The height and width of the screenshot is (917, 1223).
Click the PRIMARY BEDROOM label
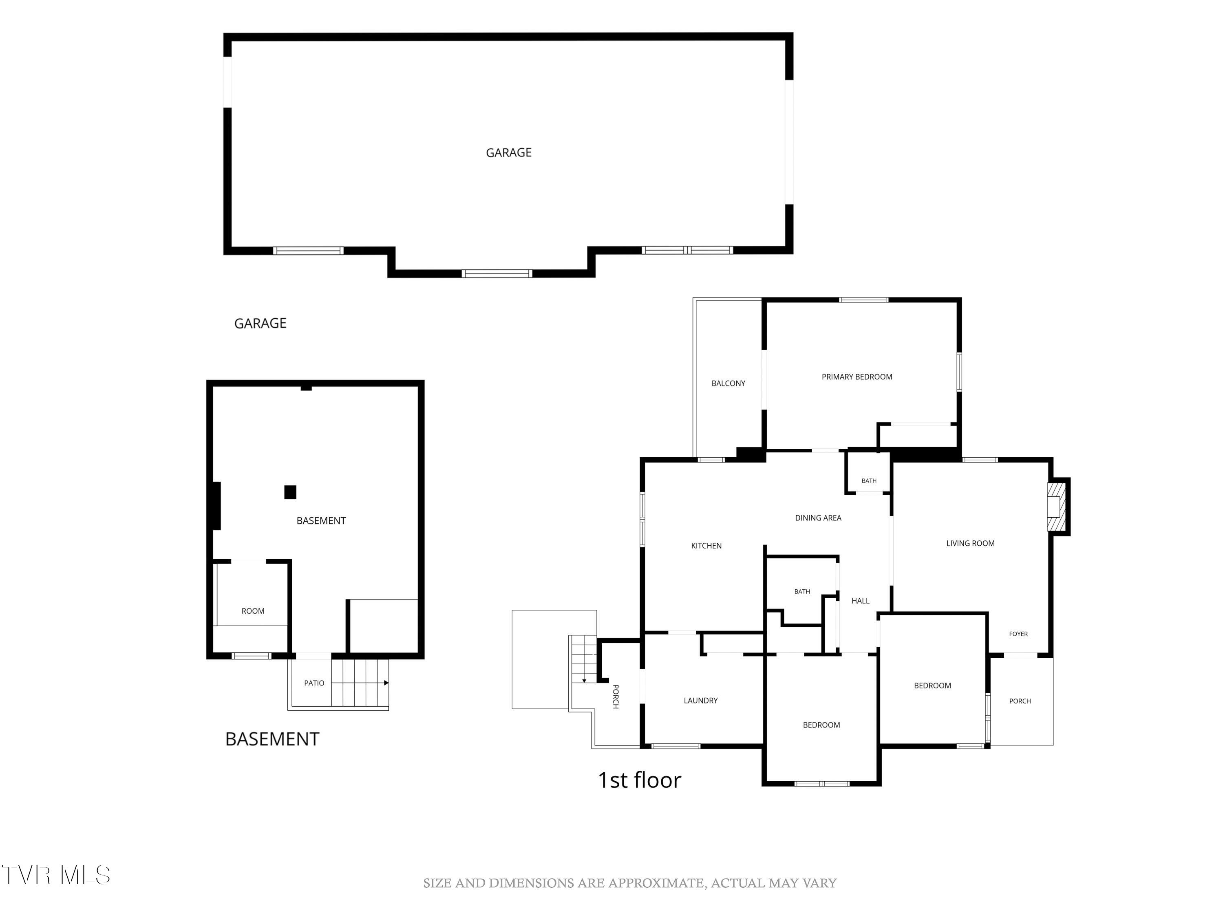(x=857, y=377)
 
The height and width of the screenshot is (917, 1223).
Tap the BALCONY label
(x=728, y=383)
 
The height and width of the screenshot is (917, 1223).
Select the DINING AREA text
(x=818, y=518)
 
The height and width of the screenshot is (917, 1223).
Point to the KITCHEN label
(x=706, y=546)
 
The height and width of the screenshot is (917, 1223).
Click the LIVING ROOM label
(x=970, y=543)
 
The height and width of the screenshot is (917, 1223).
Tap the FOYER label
(x=1018, y=634)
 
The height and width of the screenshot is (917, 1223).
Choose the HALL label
(x=860, y=601)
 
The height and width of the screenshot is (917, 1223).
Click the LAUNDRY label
(x=700, y=700)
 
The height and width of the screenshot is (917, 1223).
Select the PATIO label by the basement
(x=314, y=683)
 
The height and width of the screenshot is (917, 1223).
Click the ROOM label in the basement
(x=253, y=611)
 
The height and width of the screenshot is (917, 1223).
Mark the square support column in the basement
(x=290, y=492)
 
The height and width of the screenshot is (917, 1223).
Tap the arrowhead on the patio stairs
(x=386, y=683)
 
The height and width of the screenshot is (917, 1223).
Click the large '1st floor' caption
(x=639, y=780)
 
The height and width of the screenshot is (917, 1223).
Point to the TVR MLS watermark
(x=55, y=875)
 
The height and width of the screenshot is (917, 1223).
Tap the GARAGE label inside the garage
(x=509, y=152)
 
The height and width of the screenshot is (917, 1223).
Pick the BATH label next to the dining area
(x=869, y=481)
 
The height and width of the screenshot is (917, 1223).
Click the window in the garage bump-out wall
(x=497, y=273)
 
